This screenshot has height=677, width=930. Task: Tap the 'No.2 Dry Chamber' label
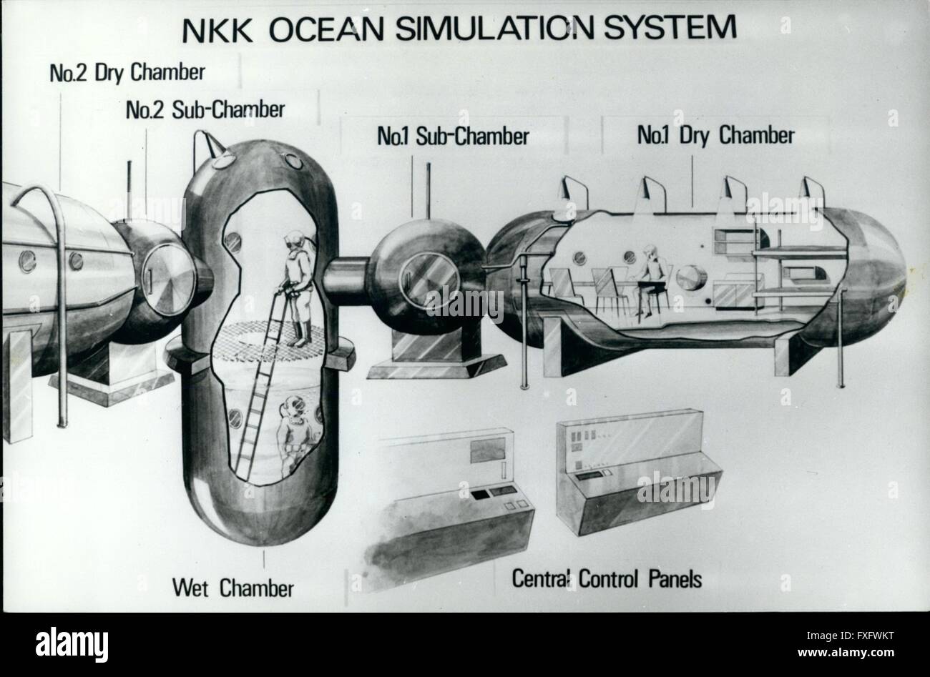[x=127, y=73]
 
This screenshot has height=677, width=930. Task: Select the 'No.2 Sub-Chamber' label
[x=205, y=109]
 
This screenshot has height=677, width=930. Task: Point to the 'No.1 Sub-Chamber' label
[x=453, y=136]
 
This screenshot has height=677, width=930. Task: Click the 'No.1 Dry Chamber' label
[x=716, y=135]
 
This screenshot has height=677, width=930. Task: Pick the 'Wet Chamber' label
[x=233, y=588]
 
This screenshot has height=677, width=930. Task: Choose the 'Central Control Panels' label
[x=607, y=578]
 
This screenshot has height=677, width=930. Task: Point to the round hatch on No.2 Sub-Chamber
[x=169, y=280]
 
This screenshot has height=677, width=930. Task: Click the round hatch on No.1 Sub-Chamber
[x=429, y=281]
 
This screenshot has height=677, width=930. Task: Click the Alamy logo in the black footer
[x=72, y=645]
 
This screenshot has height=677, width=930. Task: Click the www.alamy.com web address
[x=846, y=653]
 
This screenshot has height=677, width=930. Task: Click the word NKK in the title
[x=217, y=31]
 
